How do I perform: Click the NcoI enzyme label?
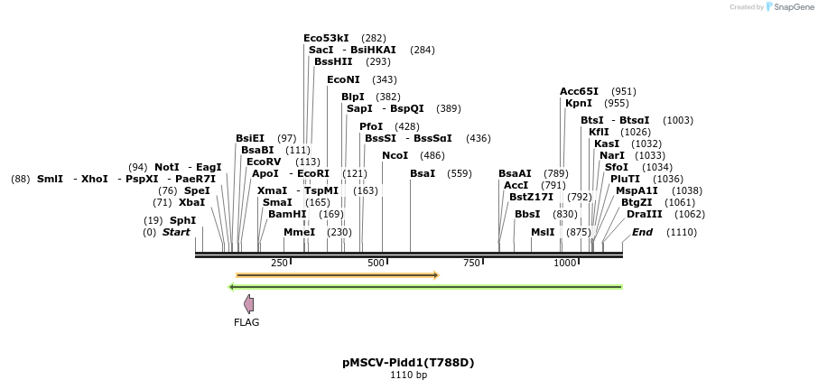395,156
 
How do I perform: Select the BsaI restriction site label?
423,173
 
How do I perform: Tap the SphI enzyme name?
182,220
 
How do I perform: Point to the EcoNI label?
343,79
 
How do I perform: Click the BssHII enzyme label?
333,61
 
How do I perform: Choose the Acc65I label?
579,91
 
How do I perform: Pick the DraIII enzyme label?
644,214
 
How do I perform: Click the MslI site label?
543,232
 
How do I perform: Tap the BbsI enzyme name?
527,214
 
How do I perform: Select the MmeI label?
300,232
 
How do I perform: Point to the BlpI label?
353,97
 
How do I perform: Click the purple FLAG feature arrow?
248,304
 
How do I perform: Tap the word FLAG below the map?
246,322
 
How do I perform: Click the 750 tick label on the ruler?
471,263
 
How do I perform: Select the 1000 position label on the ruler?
565,263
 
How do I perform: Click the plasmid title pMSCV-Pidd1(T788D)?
408,363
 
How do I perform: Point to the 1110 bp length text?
408,375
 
